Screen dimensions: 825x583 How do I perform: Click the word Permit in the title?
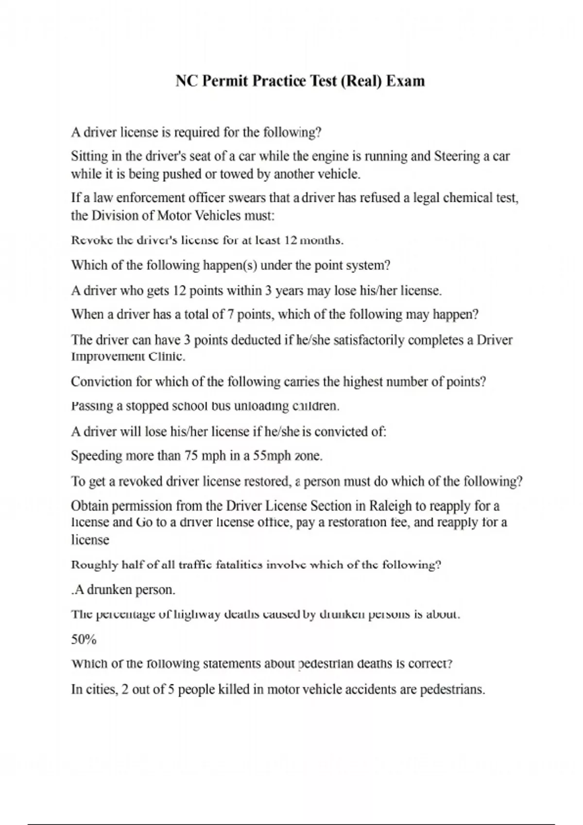[224, 81]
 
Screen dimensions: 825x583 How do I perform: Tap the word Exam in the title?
[405, 81]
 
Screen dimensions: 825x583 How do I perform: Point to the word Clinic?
[167, 357]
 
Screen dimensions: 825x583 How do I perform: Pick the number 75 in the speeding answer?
[189, 456]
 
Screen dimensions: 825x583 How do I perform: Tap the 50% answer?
[84, 640]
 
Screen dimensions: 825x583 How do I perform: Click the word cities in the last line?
[101, 690]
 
